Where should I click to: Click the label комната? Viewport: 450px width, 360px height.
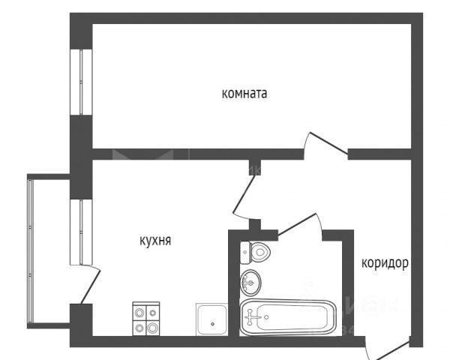tap(244, 94)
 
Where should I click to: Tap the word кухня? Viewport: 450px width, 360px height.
tap(156, 241)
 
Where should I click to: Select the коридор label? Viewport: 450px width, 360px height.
tap(385, 263)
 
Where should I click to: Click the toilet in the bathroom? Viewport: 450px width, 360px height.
tap(255, 252)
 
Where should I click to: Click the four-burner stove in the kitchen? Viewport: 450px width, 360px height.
tap(146, 319)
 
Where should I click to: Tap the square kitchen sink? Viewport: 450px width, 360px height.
tap(213, 320)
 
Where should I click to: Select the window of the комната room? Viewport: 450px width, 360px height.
tap(77, 82)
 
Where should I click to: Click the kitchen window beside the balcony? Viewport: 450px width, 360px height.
tap(77, 231)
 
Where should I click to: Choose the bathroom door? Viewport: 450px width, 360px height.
tap(300, 223)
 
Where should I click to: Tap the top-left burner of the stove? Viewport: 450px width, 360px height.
tap(139, 312)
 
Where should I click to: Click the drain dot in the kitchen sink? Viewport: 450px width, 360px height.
tap(213, 323)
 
